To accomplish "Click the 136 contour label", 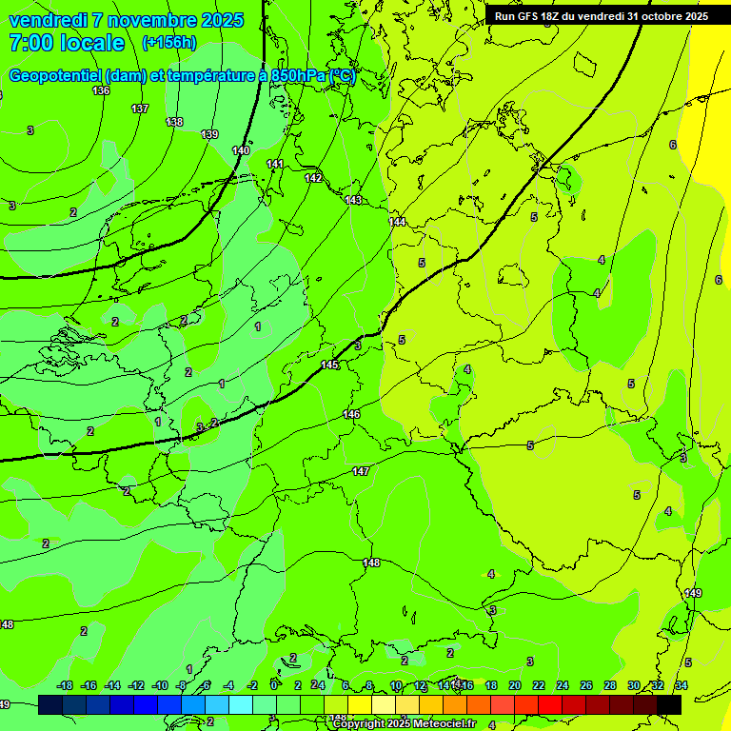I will click(101, 90).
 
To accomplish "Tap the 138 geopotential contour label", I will click(174, 122).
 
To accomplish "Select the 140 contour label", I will click(241, 150).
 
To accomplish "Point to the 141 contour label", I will click(275, 165).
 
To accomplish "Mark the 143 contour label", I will click(353, 200).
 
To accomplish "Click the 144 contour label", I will click(397, 222).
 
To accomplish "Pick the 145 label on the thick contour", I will click(329, 365).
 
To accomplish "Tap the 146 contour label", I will click(351, 414).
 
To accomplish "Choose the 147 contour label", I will click(361, 471).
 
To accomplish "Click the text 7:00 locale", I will click(67, 43).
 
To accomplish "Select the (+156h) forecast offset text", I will click(168, 43).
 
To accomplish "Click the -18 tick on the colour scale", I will click(65, 685).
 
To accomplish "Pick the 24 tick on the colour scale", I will click(562, 685).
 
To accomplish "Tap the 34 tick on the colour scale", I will click(681, 685).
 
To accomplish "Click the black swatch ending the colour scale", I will click(669, 704).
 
